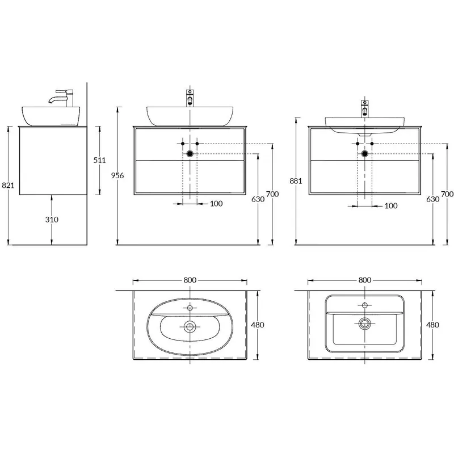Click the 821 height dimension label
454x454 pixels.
coord(8,185)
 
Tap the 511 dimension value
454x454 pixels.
coord(100,160)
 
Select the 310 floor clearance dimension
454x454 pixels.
coord(52,220)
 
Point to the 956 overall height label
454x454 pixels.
coord(117,175)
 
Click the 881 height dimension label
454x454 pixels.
coord(296,181)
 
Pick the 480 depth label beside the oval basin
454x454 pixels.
coord(258,325)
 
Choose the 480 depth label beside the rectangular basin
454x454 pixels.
coord(432,325)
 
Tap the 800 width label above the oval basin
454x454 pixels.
coord(190,280)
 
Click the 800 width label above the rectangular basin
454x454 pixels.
coord(365,280)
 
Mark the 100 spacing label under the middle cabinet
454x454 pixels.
coord(216,204)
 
